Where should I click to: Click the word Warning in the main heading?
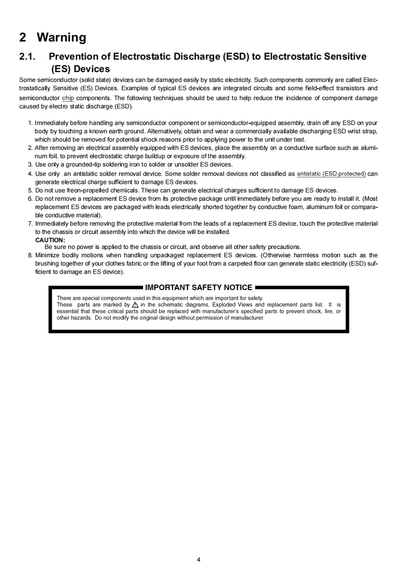pyautogui.click(x=61, y=37)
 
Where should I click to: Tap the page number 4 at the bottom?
pyautogui.click(x=199, y=559)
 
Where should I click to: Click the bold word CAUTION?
pyautogui.click(x=50, y=240)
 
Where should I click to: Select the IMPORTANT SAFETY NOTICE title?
pyautogui.click(x=199, y=287)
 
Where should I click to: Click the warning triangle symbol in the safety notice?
pyautogui.click(x=135, y=305)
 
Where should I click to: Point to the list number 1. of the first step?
pyautogui.click(x=30, y=123)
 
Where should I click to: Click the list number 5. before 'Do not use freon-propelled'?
pyautogui.click(x=30, y=190)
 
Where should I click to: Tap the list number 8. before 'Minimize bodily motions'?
pyautogui.click(x=30, y=255)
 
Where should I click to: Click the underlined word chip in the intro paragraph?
pyautogui.click(x=68, y=98)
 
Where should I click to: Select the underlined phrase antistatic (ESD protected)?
pyautogui.click(x=331, y=174)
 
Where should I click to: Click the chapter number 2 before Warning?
pyautogui.click(x=22, y=37)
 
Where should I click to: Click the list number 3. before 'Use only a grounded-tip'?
pyautogui.click(x=30, y=164)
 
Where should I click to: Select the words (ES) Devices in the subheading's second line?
pyautogui.click(x=80, y=69)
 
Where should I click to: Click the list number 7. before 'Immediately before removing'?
pyautogui.click(x=30, y=224)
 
